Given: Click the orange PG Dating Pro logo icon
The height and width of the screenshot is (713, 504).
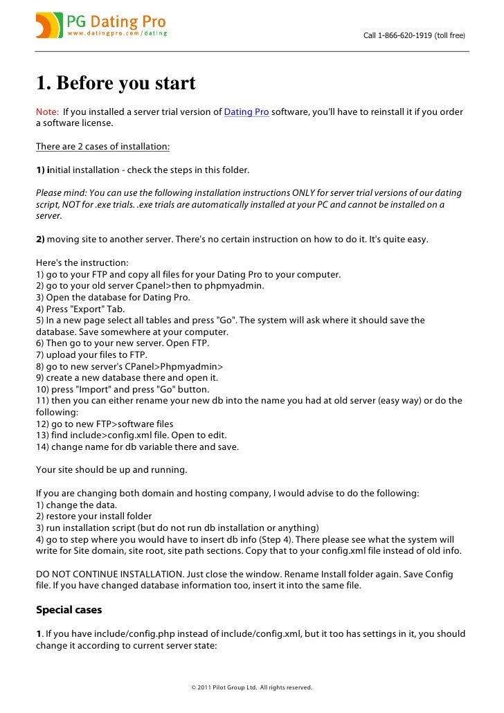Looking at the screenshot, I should click(x=49, y=25).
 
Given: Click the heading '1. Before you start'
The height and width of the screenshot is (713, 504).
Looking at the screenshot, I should click(x=116, y=84).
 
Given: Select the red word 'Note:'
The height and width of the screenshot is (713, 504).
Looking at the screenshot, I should click(x=47, y=112).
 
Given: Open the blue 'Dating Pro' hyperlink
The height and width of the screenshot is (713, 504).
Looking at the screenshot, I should click(x=246, y=112).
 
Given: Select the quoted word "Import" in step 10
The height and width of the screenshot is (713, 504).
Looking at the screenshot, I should click(x=88, y=390).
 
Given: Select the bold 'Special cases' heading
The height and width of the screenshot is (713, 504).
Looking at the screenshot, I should click(x=69, y=610).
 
